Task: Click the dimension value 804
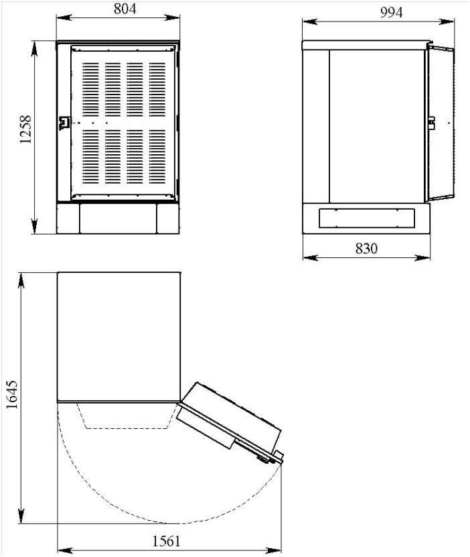coord(125,9)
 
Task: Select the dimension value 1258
coord(25,129)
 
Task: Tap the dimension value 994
coord(391,13)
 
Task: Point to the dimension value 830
coord(366,248)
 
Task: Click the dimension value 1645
coord(13,395)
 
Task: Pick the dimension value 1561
coord(166,542)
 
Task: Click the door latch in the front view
coord(64,123)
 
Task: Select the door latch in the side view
coord(431,123)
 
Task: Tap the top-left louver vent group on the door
coord(91,90)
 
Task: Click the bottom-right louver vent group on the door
coord(157,157)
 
